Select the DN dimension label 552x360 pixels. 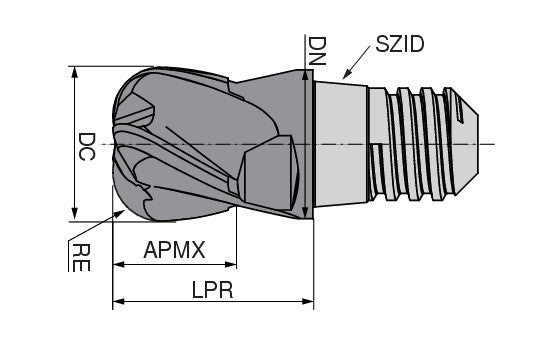(316, 48)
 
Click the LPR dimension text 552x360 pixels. (213, 287)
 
